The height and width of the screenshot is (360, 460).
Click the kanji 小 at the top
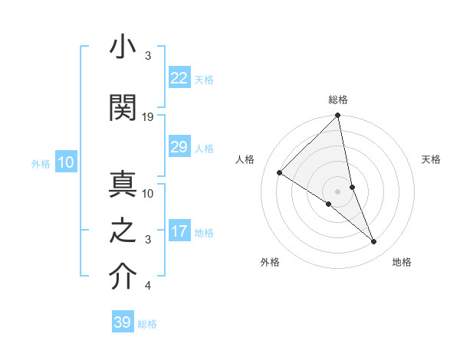tap(123, 48)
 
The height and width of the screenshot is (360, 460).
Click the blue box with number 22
tap(179, 78)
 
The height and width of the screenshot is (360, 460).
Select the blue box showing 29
tap(179, 147)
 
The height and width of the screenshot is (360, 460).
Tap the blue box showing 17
tap(179, 232)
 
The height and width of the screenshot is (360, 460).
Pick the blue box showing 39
tap(123, 322)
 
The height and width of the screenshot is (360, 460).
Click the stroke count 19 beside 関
tap(149, 116)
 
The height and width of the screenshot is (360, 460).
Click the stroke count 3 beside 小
tap(148, 56)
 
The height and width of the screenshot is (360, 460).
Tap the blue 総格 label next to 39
tap(148, 324)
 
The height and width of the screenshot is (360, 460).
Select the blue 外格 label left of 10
tap(41, 163)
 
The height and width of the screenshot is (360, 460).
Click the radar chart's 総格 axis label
tap(338, 100)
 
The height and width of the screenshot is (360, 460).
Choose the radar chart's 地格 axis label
tap(402, 262)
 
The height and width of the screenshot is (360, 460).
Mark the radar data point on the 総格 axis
tap(338, 116)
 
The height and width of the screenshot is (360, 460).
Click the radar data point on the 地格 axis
tap(374, 242)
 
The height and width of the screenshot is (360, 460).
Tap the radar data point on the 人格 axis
tap(280, 172)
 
